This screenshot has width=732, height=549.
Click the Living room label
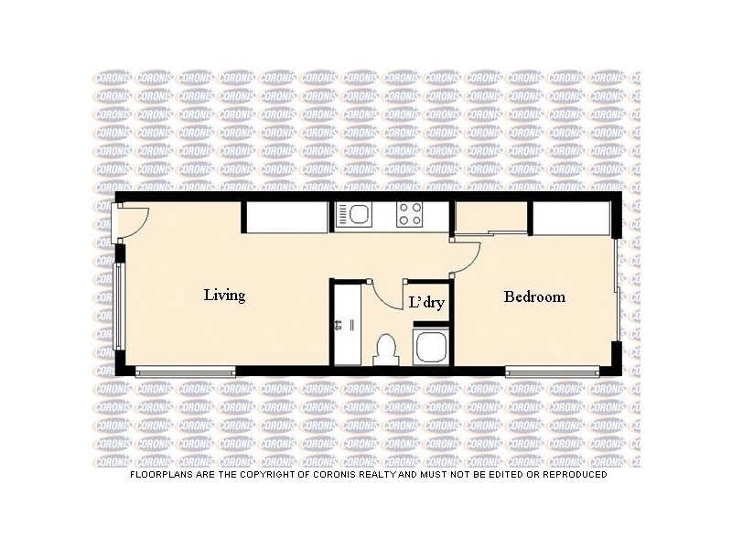(x=224, y=296)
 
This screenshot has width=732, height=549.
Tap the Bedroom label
(x=534, y=297)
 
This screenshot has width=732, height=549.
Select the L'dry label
(x=425, y=302)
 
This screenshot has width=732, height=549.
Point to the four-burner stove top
(x=409, y=215)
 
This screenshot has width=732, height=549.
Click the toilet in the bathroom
(x=387, y=349)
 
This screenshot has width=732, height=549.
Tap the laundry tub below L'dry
(x=429, y=349)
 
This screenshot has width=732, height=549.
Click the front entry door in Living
(x=130, y=220)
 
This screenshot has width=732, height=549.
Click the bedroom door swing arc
(x=465, y=256)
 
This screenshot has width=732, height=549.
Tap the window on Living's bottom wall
(x=185, y=371)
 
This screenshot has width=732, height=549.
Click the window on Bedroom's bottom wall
(x=552, y=371)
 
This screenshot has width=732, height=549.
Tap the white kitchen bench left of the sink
(x=285, y=218)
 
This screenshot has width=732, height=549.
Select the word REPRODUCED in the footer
(x=568, y=475)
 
